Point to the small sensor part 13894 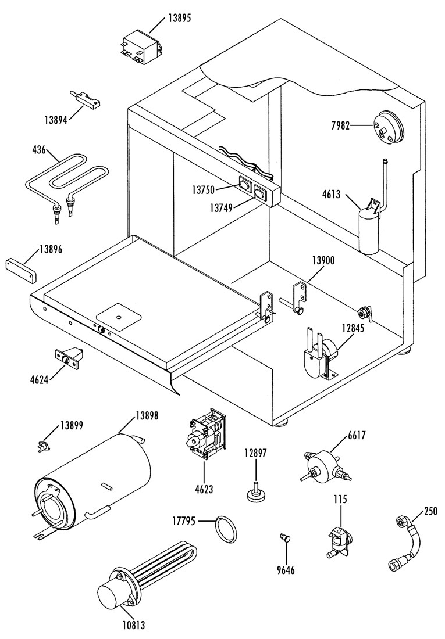coord(87,99)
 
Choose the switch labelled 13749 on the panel coord(259,191)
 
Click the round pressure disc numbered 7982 coord(387,127)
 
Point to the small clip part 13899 coord(43,446)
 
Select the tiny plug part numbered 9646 coord(285,537)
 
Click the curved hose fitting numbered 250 coord(406,544)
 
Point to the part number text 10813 coord(134,624)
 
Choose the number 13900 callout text coord(323,260)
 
